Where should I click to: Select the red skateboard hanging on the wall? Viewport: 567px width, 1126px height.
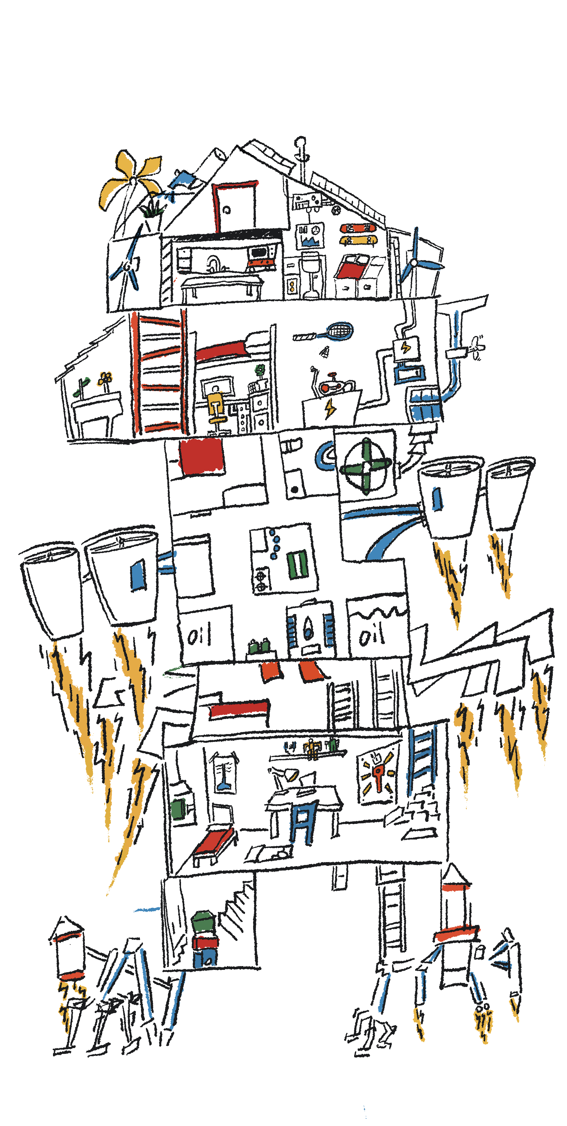coord(358,228)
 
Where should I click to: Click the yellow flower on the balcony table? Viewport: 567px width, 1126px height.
coord(105,378)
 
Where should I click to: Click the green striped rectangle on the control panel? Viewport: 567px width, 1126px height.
coord(297,564)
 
